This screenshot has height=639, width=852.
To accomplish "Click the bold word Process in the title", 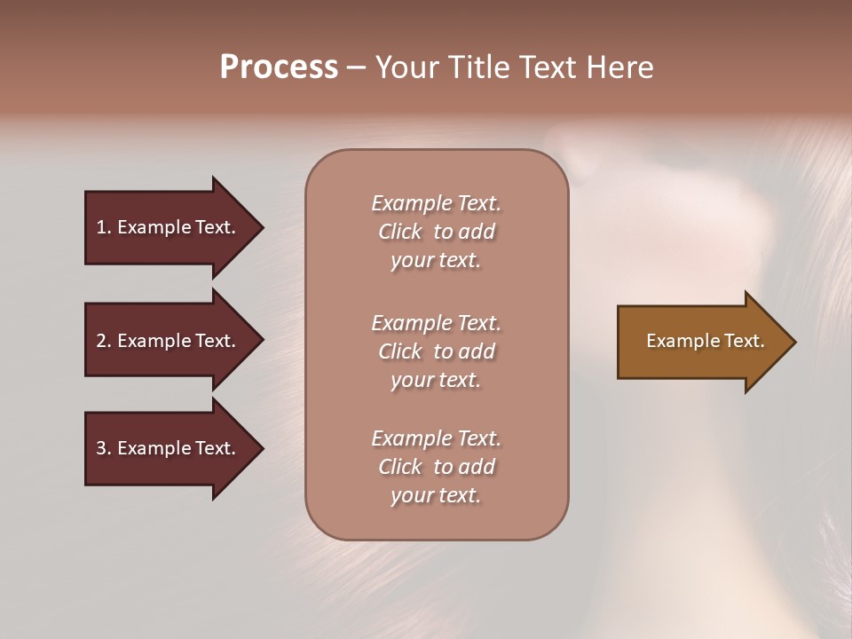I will point(279,67).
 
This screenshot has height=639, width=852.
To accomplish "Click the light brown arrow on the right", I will point(701,341).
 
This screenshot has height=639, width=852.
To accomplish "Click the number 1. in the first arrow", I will point(104,227).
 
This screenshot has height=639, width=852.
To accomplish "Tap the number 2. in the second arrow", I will point(104,341).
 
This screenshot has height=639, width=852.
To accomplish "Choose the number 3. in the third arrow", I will point(104,448).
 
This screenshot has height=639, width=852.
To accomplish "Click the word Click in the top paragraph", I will point(400,232).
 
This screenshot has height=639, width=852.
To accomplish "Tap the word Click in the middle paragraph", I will point(400,351).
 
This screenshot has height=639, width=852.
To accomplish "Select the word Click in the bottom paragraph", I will point(400,467).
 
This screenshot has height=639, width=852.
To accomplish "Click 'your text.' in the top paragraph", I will point(436,260).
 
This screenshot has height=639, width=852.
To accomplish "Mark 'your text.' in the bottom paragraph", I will point(436,495).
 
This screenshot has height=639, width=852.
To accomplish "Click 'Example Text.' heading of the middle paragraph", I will point(436,323).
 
